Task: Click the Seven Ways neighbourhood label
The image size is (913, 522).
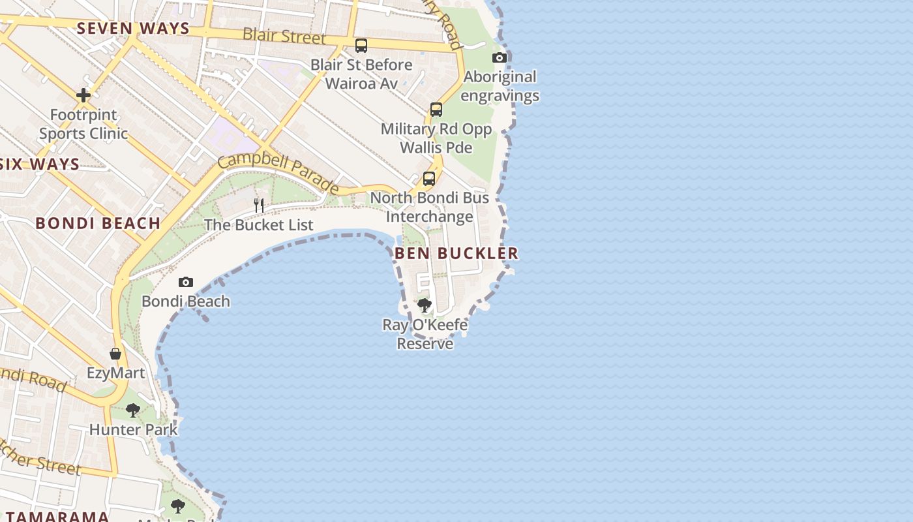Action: click(x=133, y=29)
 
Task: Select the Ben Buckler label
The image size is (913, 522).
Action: click(x=456, y=253)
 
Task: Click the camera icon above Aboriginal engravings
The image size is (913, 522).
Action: click(x=500, y=58)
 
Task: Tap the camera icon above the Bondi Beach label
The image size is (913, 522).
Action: click(x=186, y=283)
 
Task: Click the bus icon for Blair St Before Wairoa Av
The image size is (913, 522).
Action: click(x=361, y=46)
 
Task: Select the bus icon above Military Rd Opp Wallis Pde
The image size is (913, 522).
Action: click(x=436, y=110)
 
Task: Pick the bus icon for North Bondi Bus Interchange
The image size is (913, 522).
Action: click(x=429, y=178)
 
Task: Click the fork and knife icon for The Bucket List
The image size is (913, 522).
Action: click(x=259, y=206)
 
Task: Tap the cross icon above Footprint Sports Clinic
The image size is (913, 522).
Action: click(x=83, y=95)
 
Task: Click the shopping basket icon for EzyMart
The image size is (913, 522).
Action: click(x=115, y=354)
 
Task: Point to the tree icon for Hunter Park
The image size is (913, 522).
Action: click(x=133, y=410)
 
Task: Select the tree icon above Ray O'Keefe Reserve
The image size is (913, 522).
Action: click(x=425, y=305)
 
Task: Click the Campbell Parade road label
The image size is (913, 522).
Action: click(x=278, y=174)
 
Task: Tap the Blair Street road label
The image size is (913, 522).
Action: click(x=284, y=36)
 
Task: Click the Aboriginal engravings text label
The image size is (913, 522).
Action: click(x=500, y=86)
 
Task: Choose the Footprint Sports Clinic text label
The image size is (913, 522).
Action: click(x=83, y=124)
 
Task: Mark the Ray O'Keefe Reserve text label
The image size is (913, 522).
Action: click(x=425, y=334)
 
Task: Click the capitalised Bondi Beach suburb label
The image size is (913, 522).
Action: click(x=98, y=223)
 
